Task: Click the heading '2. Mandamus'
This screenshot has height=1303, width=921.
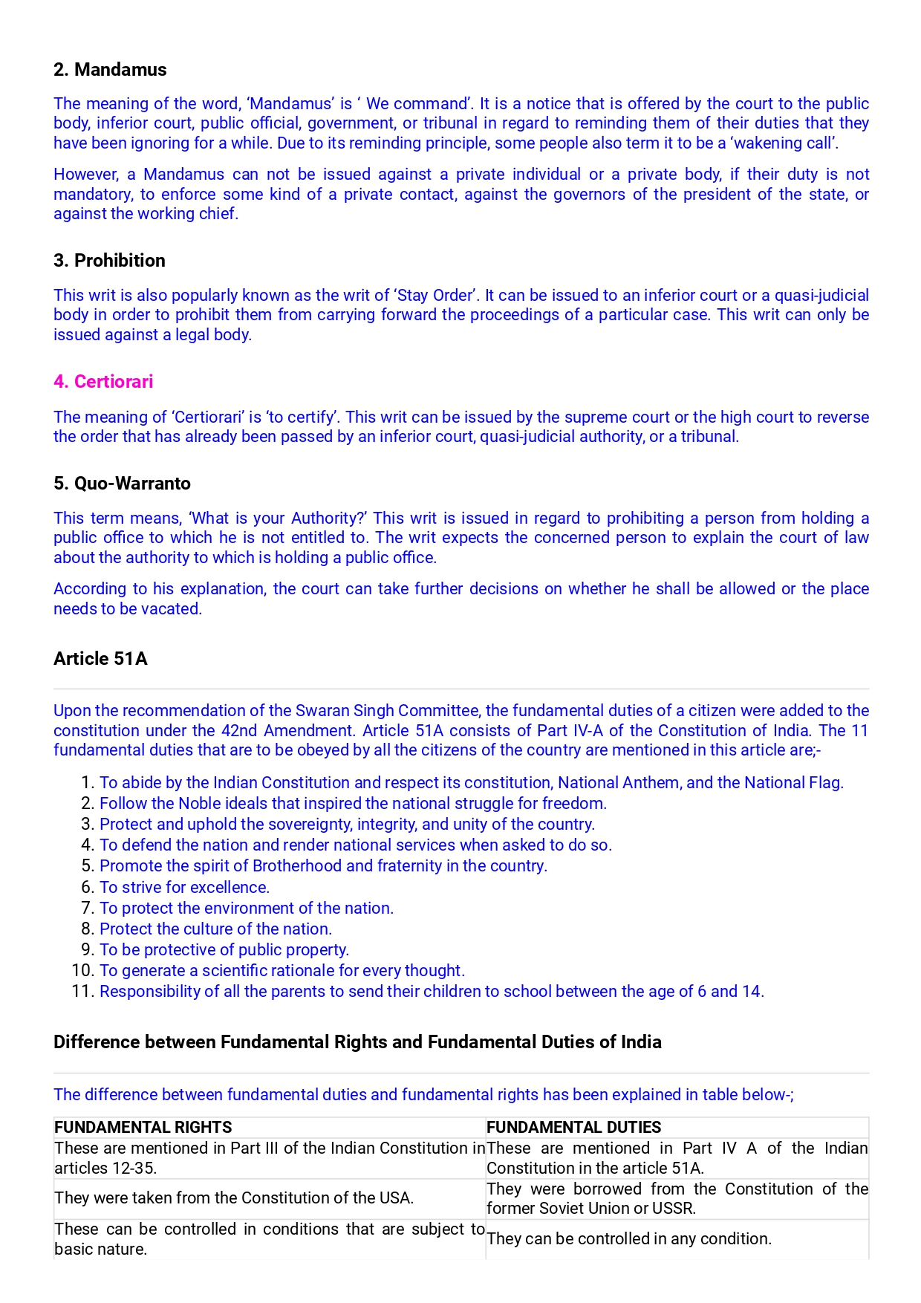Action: [x=110, y=70]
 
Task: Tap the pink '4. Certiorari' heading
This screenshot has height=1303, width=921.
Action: [x=103, y=382]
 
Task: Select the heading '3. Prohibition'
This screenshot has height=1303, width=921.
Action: [x=109, y=261]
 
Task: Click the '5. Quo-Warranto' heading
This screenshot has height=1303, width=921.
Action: [x=122, y=484]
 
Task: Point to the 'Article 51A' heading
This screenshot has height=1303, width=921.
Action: [x=100, y=659]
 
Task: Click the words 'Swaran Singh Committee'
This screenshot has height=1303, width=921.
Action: [x=387, y=711]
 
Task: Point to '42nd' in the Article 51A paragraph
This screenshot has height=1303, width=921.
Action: [x=239, y=731]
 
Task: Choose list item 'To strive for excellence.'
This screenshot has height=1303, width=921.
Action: [x=185, y=888]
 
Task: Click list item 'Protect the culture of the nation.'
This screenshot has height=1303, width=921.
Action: [x=216, y=929]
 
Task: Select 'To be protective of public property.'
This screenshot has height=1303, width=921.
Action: [x=224, y=950]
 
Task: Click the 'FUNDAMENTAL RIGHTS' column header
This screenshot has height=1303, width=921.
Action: [x=143, y=1128]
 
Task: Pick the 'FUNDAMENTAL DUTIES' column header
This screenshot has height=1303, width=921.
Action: [x=573, y=1128]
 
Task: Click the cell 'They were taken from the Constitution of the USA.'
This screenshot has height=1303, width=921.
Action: [x=234, y=1198]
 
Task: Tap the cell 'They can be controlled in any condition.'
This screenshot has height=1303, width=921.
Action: [x=629, y=1239]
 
